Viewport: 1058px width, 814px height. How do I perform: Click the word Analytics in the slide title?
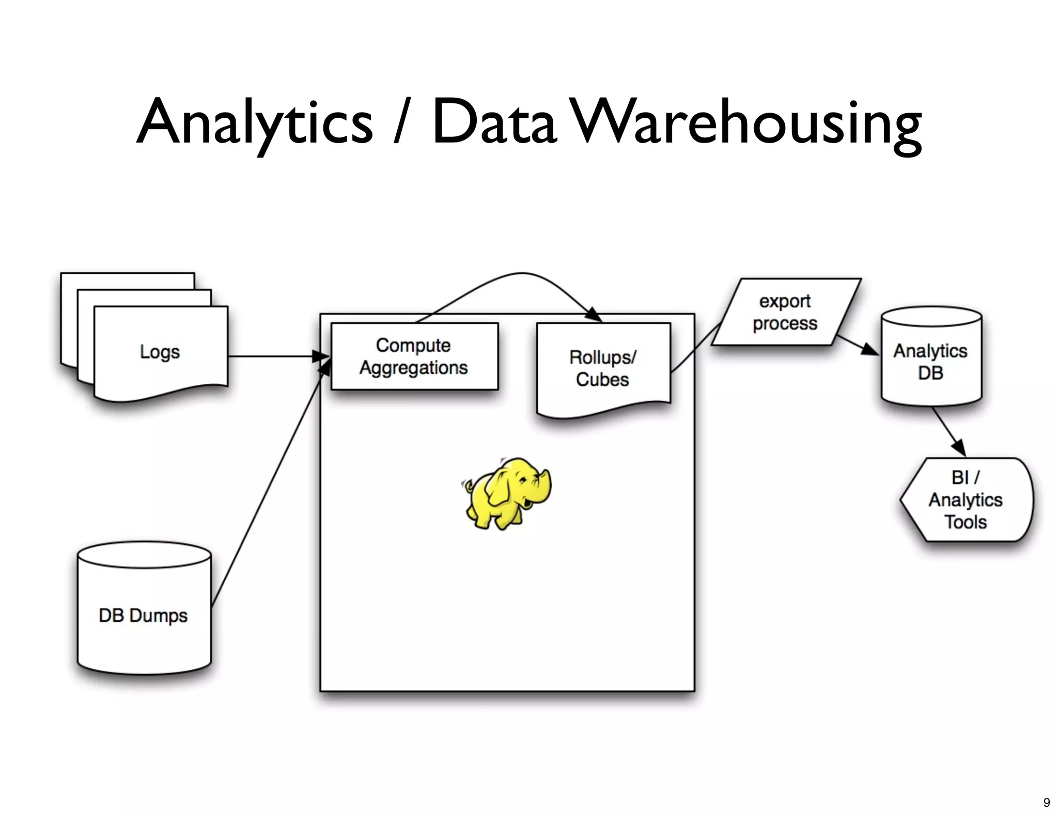254,123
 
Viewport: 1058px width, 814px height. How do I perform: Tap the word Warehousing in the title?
748,123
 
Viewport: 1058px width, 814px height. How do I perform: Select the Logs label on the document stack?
160,352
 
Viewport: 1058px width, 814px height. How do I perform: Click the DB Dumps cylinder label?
143,615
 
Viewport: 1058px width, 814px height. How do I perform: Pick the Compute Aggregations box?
414,356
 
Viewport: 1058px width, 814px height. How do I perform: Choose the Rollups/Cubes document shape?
603,368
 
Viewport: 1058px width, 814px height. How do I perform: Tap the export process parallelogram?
785,312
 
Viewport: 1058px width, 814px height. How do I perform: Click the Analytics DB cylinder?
930,362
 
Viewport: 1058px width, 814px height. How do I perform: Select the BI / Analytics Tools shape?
966,499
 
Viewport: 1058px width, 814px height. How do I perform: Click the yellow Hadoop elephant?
504,493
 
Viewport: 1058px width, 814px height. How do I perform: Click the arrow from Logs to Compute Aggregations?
274,356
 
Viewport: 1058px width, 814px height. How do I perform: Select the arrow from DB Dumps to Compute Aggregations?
269,486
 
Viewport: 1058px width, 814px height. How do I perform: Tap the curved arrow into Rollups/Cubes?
522,274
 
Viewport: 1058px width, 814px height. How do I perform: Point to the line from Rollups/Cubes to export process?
695,347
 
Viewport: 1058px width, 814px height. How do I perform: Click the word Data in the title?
494,123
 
